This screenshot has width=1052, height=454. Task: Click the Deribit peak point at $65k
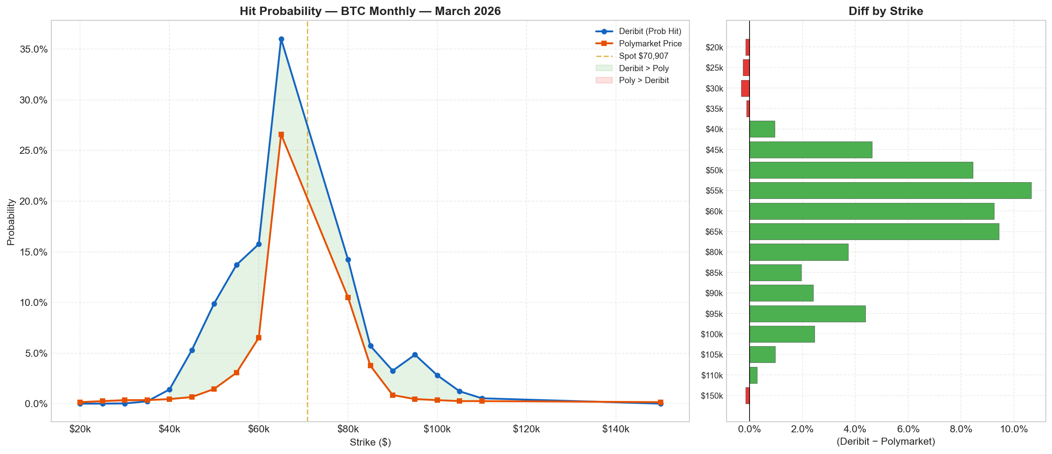coord(281,39)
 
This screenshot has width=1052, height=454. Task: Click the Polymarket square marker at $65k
coord(281,134)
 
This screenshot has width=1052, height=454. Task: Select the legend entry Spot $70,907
coord(643,56)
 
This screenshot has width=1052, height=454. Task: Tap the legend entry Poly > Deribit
coord(643,80)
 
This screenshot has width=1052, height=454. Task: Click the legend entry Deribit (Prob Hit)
coord(650,31)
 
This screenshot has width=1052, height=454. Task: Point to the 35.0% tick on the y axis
coord(34,49)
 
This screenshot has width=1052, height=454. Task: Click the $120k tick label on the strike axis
coord(526,429)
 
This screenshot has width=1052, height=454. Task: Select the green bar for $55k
coord(890,191)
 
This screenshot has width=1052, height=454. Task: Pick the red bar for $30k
coord(745,88)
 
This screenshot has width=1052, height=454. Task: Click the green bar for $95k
coord(807,314)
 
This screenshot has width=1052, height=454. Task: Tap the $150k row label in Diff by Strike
coord(712,396)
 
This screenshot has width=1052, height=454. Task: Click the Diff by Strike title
coord(885,11)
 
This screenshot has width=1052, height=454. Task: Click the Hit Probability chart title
coord(370,11)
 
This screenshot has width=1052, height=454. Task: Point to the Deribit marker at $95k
coord(415,355)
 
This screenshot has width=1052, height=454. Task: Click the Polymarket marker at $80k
coord(348,298)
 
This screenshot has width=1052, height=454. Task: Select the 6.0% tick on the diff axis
coord(908,429)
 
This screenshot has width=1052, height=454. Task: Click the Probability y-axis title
coord(11,222)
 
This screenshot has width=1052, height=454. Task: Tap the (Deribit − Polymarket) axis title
coord(885,442)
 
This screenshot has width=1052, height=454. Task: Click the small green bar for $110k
coord(753,375)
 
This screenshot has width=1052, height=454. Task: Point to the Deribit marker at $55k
coord(237,265)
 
